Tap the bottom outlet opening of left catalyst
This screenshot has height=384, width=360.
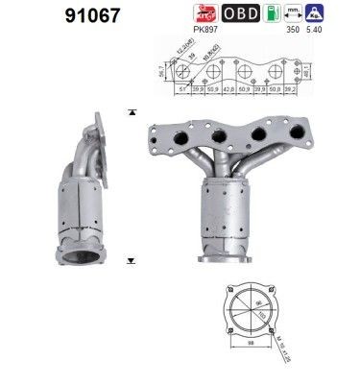pyautogui.click(x=75, y=257)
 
